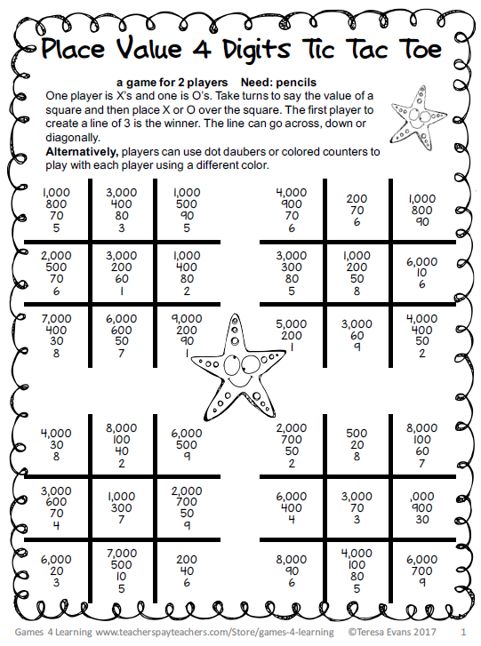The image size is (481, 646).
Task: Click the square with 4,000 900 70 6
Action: pyautogui.click(x=291, y=210)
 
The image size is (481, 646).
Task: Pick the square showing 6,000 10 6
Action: pyautogui.click(x=421, y=273)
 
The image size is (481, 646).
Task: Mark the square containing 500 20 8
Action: pyautogui.click(x=357, y=443)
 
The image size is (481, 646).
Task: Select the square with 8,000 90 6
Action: pyautogui.click(x=291, y=569)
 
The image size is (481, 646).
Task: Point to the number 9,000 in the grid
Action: pyautogui.click(x=187, y=317)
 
